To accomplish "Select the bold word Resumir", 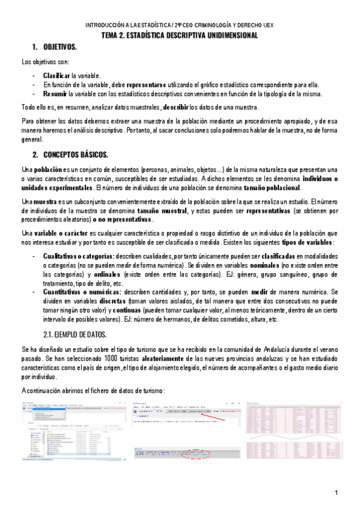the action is [55, 94].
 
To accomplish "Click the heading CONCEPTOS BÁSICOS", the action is [76, 155].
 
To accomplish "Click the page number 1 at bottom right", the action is [338, 493].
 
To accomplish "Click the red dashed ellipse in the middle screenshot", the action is [197, 453].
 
